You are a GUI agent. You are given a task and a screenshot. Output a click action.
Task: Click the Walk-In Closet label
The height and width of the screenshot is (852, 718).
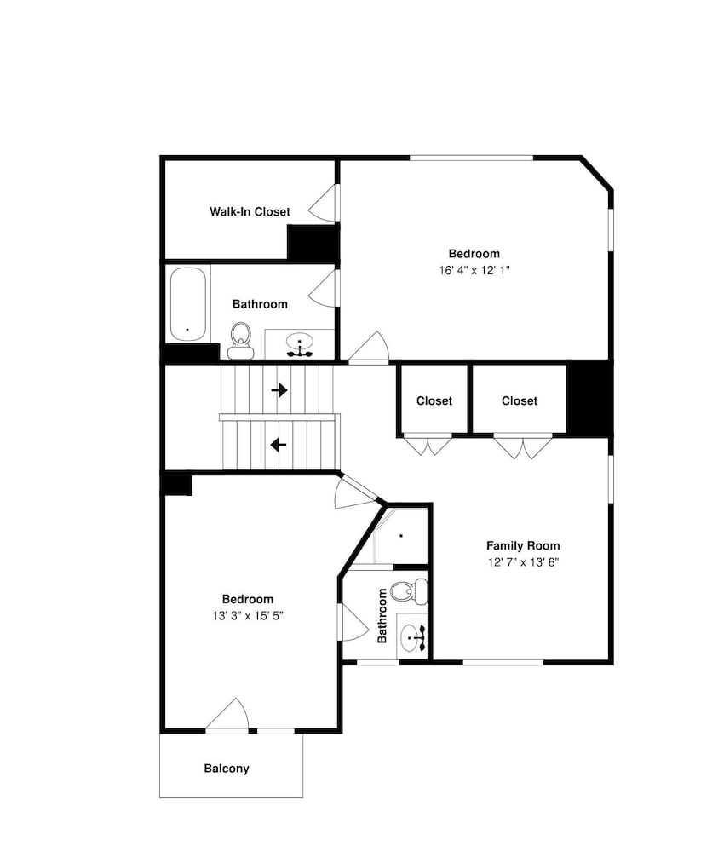(x=250, y=211)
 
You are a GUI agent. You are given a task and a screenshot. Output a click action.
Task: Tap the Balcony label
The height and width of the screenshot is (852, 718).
(x=227, y=769)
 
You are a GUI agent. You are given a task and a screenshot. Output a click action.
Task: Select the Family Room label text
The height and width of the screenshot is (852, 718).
(x=523, y=545)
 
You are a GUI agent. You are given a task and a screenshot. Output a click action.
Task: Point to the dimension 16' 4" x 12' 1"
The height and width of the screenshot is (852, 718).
(x=474, y=270)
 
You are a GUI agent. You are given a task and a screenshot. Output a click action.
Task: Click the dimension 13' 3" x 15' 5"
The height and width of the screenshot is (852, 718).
(x=248, y=616)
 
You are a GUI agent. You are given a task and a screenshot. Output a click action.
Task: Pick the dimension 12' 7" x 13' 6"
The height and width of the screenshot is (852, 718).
(x=523, y=561)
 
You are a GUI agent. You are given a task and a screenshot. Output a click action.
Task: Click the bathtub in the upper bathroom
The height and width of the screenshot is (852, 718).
(x=188, y=304)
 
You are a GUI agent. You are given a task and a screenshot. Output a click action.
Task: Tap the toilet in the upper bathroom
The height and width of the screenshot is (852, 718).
(x=240, y=341)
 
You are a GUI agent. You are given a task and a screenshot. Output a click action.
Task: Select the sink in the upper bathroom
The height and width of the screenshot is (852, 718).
(x=300, y=343)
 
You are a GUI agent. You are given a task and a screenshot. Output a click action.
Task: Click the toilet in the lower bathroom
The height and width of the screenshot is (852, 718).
(x=409, y=592)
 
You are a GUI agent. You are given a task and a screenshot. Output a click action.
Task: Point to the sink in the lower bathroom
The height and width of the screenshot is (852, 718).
(x=413, y=636)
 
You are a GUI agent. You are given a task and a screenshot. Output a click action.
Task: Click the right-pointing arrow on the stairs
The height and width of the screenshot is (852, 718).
(x=279, y=389)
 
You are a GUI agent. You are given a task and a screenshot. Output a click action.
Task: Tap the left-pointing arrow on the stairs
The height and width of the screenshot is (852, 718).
(x=279, y=445)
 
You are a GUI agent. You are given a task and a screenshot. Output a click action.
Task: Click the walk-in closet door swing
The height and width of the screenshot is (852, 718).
(x=322, y=203)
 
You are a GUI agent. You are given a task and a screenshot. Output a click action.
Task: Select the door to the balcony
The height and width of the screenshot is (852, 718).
(x=228, y=715)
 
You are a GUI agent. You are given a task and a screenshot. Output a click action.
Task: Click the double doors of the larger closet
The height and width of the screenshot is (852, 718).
(x=522, y=446)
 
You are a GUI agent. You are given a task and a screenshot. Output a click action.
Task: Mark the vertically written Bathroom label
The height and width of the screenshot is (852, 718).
(x=382, y=616)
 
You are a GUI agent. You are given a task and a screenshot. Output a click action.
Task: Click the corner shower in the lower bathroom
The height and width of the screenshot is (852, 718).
(x=401, y=536)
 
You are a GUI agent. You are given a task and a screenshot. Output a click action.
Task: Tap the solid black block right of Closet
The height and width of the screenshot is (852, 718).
(x=589, y=398)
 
